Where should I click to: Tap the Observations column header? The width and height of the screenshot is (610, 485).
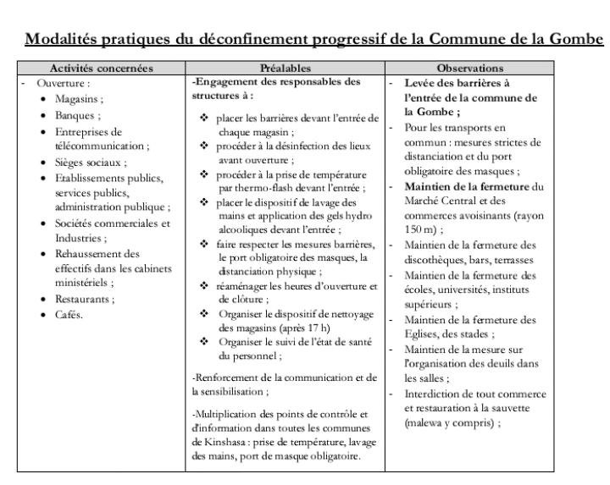tap(470, 67)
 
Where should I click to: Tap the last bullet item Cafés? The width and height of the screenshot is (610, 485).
tap(70, 315)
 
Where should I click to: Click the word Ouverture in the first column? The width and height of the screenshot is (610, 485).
tap(61, 84)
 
